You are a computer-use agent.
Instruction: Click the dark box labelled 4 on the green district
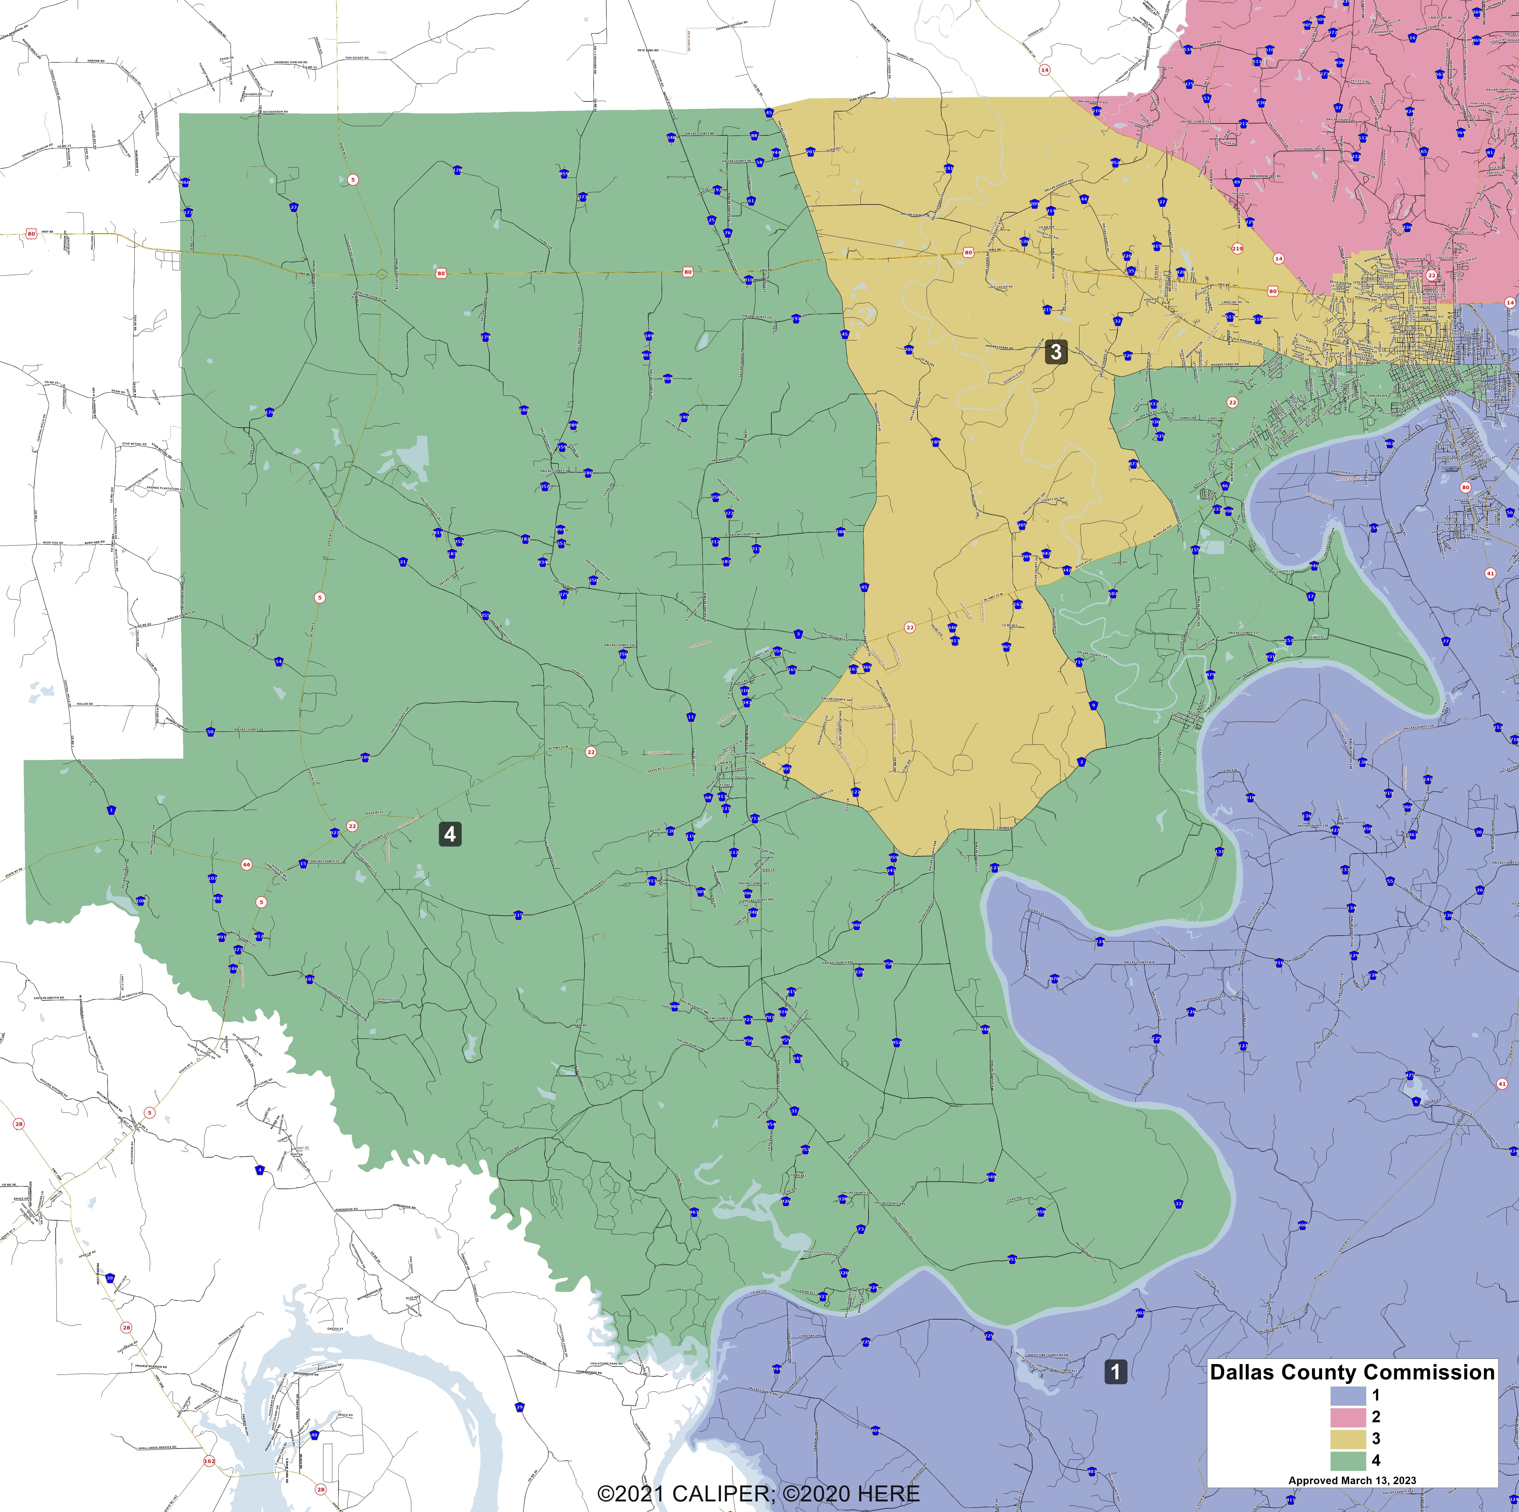point(450,834)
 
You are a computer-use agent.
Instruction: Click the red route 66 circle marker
point(246,864)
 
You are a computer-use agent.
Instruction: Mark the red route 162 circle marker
point(209,1461)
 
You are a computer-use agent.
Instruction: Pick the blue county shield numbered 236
point(1407,227)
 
